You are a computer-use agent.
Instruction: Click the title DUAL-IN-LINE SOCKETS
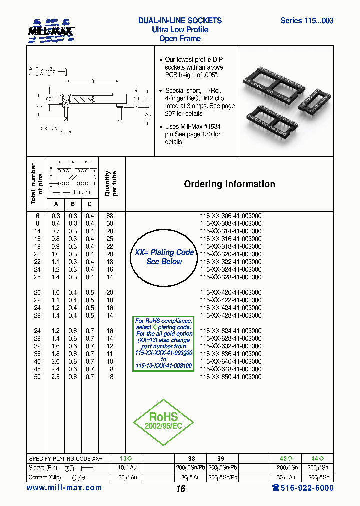(x=180, y=21)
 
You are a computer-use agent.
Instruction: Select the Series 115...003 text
(x=307, y=21)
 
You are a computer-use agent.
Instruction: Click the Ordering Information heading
(x=229, y=184)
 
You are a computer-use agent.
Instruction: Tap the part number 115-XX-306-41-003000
(x=230, y=216)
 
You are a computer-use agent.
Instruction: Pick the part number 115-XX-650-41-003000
(x=230, y=377)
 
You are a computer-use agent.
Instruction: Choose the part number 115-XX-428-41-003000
(x=230, y=315)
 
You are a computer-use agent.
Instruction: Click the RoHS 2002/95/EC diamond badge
(x=163, y=422)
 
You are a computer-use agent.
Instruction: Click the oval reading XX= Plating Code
(x=164, y=257)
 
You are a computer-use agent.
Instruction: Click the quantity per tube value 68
(x=110, y=216)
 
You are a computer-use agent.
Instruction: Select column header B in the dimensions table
(x=73, y=204)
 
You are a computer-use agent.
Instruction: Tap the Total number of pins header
(x=37, y=184)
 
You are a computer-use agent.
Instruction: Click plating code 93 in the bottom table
(x=191, y=458)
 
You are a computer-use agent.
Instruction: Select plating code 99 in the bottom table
(x=221, y=458)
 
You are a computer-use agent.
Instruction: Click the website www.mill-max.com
(x=64, y=488)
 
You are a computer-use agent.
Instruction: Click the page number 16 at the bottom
(x=180, y=489)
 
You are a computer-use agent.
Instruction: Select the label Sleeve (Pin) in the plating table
(x=44, y=468)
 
